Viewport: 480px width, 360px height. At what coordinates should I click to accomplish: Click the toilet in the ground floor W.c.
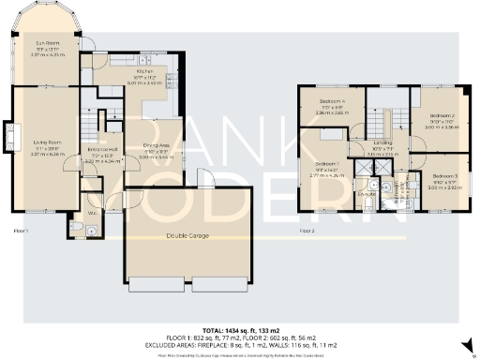click(x=76, y=226)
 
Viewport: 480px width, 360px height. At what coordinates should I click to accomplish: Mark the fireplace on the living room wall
click(x=10, y=137)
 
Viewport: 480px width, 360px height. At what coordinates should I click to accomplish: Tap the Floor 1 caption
click(x=21, y=230)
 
